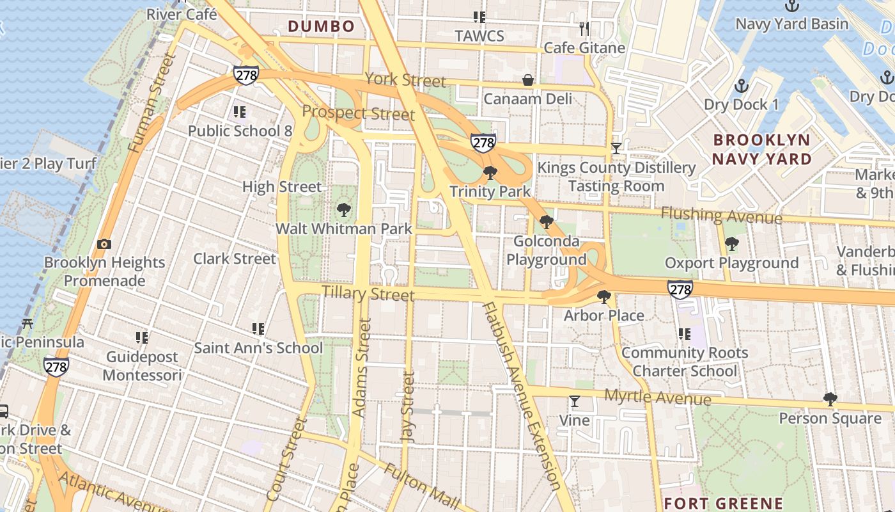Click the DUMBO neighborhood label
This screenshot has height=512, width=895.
point(321,26)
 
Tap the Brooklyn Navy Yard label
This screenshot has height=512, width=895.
point(761,149)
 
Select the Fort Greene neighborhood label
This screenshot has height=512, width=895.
point(723,504)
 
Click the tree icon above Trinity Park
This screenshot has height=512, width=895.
point(490,172)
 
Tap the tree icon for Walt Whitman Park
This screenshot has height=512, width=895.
point(344,209)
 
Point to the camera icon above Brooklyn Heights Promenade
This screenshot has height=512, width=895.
point(104,244)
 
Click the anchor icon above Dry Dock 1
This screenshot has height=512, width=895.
point(742,85)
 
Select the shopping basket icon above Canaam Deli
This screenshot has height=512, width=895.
point(528,80)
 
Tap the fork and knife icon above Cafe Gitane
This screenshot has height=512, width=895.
point(584,29)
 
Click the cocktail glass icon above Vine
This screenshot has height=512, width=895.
point(575,401)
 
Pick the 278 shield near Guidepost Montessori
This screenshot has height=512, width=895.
point(56,366)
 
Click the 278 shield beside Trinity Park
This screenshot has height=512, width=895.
point(483,141)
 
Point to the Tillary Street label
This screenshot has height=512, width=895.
point(368,294)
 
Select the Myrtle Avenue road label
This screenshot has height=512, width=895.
point(657,397)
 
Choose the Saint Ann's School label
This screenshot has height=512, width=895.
point(258,348)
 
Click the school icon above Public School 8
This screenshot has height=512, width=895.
point(240,113)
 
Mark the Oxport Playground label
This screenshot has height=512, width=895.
point(731,263)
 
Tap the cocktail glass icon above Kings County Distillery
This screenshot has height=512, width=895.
point(616,148)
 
